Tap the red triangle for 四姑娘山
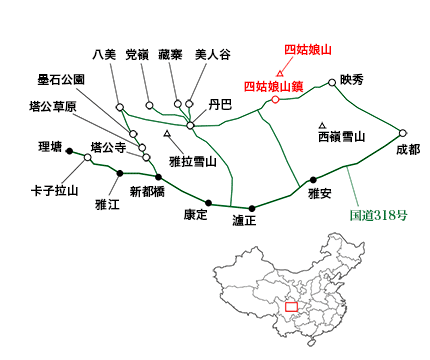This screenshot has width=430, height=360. (280, 73)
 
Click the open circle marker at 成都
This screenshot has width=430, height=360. (402, 132)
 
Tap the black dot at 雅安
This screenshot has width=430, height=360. (313, 179)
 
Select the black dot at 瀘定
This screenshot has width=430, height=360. (251, 208)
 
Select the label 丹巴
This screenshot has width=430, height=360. (219, 103)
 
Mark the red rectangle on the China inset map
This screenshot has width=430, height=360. (291, 307)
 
